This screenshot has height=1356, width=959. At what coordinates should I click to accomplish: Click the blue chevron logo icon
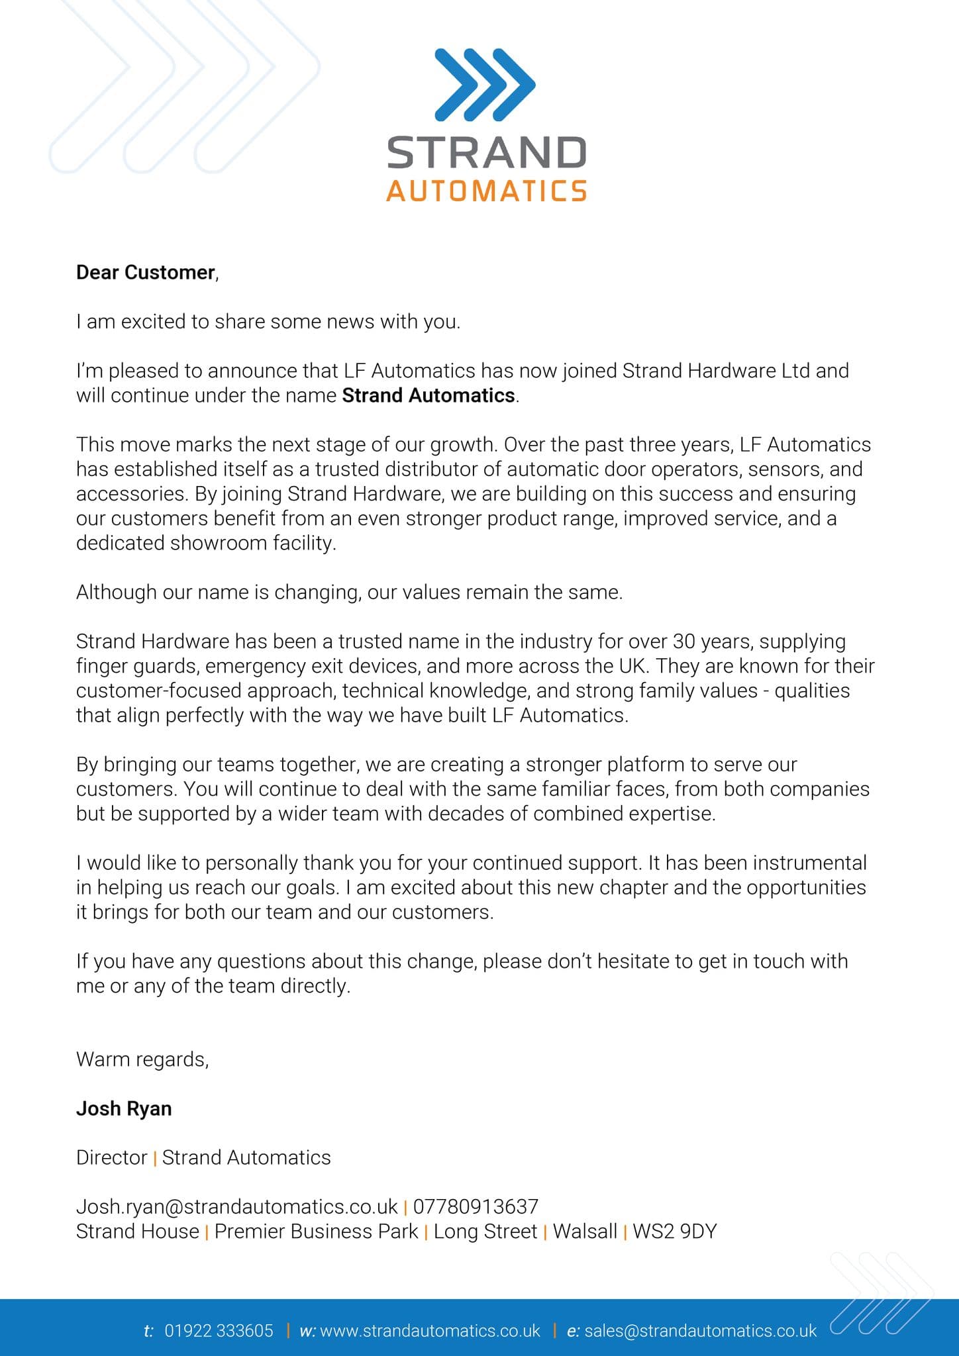[485, 85]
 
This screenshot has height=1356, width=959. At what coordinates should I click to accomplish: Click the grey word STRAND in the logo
[486, 153]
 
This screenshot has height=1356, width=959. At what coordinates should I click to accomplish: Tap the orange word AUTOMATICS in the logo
[486, 191]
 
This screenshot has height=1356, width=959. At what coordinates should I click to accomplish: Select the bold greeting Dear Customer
[146, 272]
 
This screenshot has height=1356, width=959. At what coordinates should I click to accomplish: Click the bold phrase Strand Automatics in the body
[428, 395]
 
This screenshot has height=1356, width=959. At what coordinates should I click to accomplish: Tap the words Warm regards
[142, 1059]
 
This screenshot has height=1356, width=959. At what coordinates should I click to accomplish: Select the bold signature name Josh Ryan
[124, 1108]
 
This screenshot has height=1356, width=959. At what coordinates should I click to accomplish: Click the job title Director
[111, 1157]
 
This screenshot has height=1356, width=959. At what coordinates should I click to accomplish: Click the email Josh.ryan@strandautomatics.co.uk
[236, 1206]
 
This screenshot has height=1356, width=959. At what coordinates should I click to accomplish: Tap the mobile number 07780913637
[476, 1206]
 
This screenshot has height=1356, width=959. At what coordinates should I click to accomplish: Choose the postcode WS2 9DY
[674, 1232]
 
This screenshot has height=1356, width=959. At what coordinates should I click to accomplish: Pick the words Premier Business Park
[316, 1232]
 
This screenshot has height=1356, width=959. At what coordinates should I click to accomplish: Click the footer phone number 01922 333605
[219, 1331]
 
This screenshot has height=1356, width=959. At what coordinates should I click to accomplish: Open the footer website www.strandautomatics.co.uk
[430, 1331]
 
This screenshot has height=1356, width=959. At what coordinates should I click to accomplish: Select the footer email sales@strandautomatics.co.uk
[700, 1331]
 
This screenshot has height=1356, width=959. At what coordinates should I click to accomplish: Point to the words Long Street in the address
[485, 1232]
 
